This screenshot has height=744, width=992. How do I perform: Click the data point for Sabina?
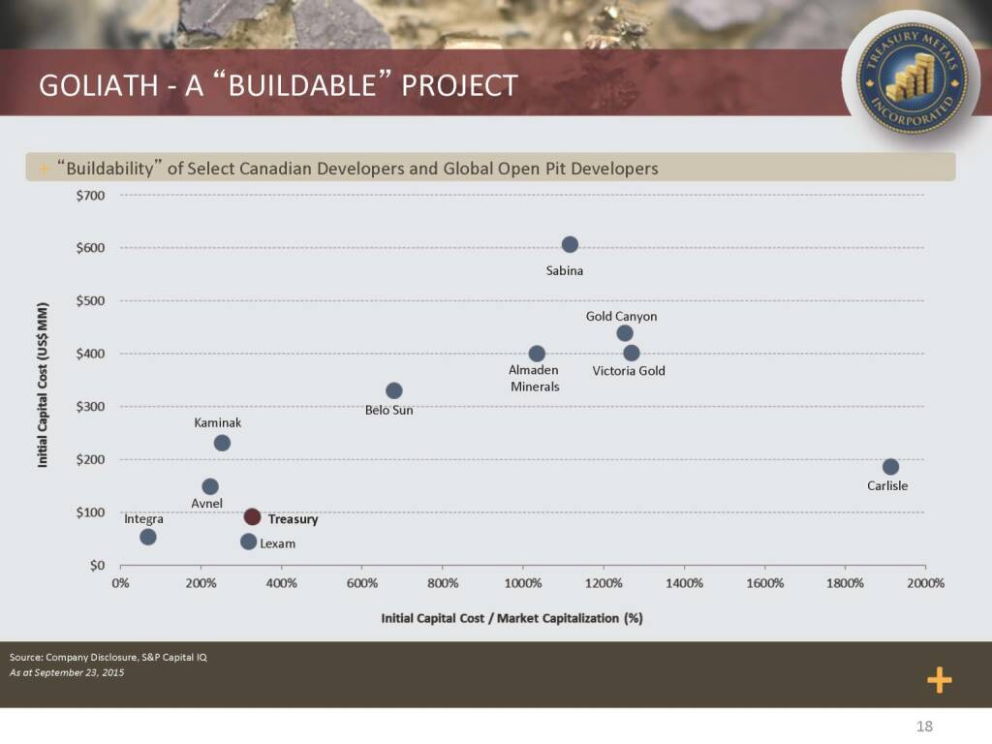tap(570, 244)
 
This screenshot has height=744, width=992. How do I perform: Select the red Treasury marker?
tap(252, 517)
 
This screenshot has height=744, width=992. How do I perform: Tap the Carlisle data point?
tap(890, 467)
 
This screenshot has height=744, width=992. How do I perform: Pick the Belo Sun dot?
tap(393, 390)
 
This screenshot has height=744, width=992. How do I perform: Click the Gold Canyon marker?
tap(625, 333)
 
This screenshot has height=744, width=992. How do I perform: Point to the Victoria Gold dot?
tap(632, 353)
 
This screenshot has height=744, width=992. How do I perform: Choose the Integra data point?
tap(147, 537)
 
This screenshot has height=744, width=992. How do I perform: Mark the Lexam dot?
tap(248, 542)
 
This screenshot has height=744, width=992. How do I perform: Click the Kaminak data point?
tap(222, 443)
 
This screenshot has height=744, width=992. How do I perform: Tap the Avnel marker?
tap(210, 486)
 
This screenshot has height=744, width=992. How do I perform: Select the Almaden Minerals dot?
tap(537, 354)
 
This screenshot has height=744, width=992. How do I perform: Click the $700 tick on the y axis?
tap(90, 195)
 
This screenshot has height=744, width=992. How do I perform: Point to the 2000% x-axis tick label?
tap(925, 584)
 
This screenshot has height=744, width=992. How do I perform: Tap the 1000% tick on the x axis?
tap(522, 584)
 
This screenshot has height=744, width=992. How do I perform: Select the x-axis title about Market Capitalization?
tap(512, 617)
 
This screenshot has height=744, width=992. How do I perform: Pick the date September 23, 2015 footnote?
tap(67, 673)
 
